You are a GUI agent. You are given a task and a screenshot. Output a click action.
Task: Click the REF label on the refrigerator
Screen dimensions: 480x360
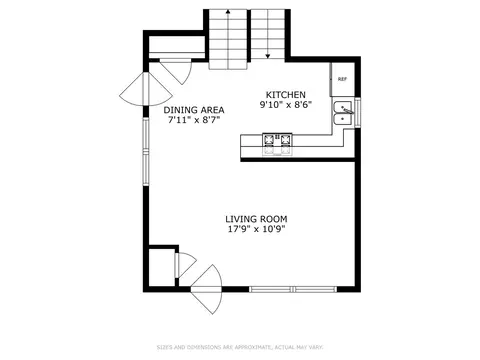[342, 79]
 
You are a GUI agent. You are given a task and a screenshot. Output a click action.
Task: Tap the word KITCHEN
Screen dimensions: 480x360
[285, 95]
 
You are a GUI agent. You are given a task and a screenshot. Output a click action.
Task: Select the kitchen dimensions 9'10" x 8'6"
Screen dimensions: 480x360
[285, 105]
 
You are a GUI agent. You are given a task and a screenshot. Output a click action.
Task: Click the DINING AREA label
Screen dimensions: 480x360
[194, 110]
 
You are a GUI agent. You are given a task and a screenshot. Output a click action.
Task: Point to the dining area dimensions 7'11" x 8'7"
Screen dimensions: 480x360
[194, 120]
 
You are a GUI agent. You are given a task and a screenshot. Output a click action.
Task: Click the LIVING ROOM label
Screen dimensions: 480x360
[256, 219]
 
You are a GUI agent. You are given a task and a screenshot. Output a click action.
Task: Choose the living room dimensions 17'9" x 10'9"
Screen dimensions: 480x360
[256, 229]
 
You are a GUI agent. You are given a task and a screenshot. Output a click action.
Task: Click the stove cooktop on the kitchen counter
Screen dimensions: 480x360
[277, 144]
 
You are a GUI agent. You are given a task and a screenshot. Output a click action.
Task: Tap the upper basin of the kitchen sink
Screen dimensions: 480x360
[343, 107]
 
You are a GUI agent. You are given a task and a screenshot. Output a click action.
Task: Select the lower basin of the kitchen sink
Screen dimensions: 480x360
[343, 119]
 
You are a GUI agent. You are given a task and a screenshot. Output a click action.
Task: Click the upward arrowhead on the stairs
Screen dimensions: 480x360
[228, 12]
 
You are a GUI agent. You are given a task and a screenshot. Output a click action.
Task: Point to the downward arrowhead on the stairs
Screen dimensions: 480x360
[268, 56]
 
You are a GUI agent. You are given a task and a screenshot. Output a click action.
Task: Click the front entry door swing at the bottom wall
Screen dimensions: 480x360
[207, 289]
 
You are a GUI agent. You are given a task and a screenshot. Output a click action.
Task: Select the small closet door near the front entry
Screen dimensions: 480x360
[185, 265]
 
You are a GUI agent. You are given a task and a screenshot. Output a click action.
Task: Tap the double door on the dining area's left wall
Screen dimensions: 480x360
[146, 89]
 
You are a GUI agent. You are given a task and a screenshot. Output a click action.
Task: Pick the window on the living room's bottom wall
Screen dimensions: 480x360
[293, 289]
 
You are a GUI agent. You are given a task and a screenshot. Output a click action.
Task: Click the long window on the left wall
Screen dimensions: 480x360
[146, 152]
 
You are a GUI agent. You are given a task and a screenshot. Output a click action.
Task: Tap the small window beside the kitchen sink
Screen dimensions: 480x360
[358, 112]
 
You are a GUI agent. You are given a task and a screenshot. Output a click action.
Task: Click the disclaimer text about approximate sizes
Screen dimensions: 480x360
[240, 347]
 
